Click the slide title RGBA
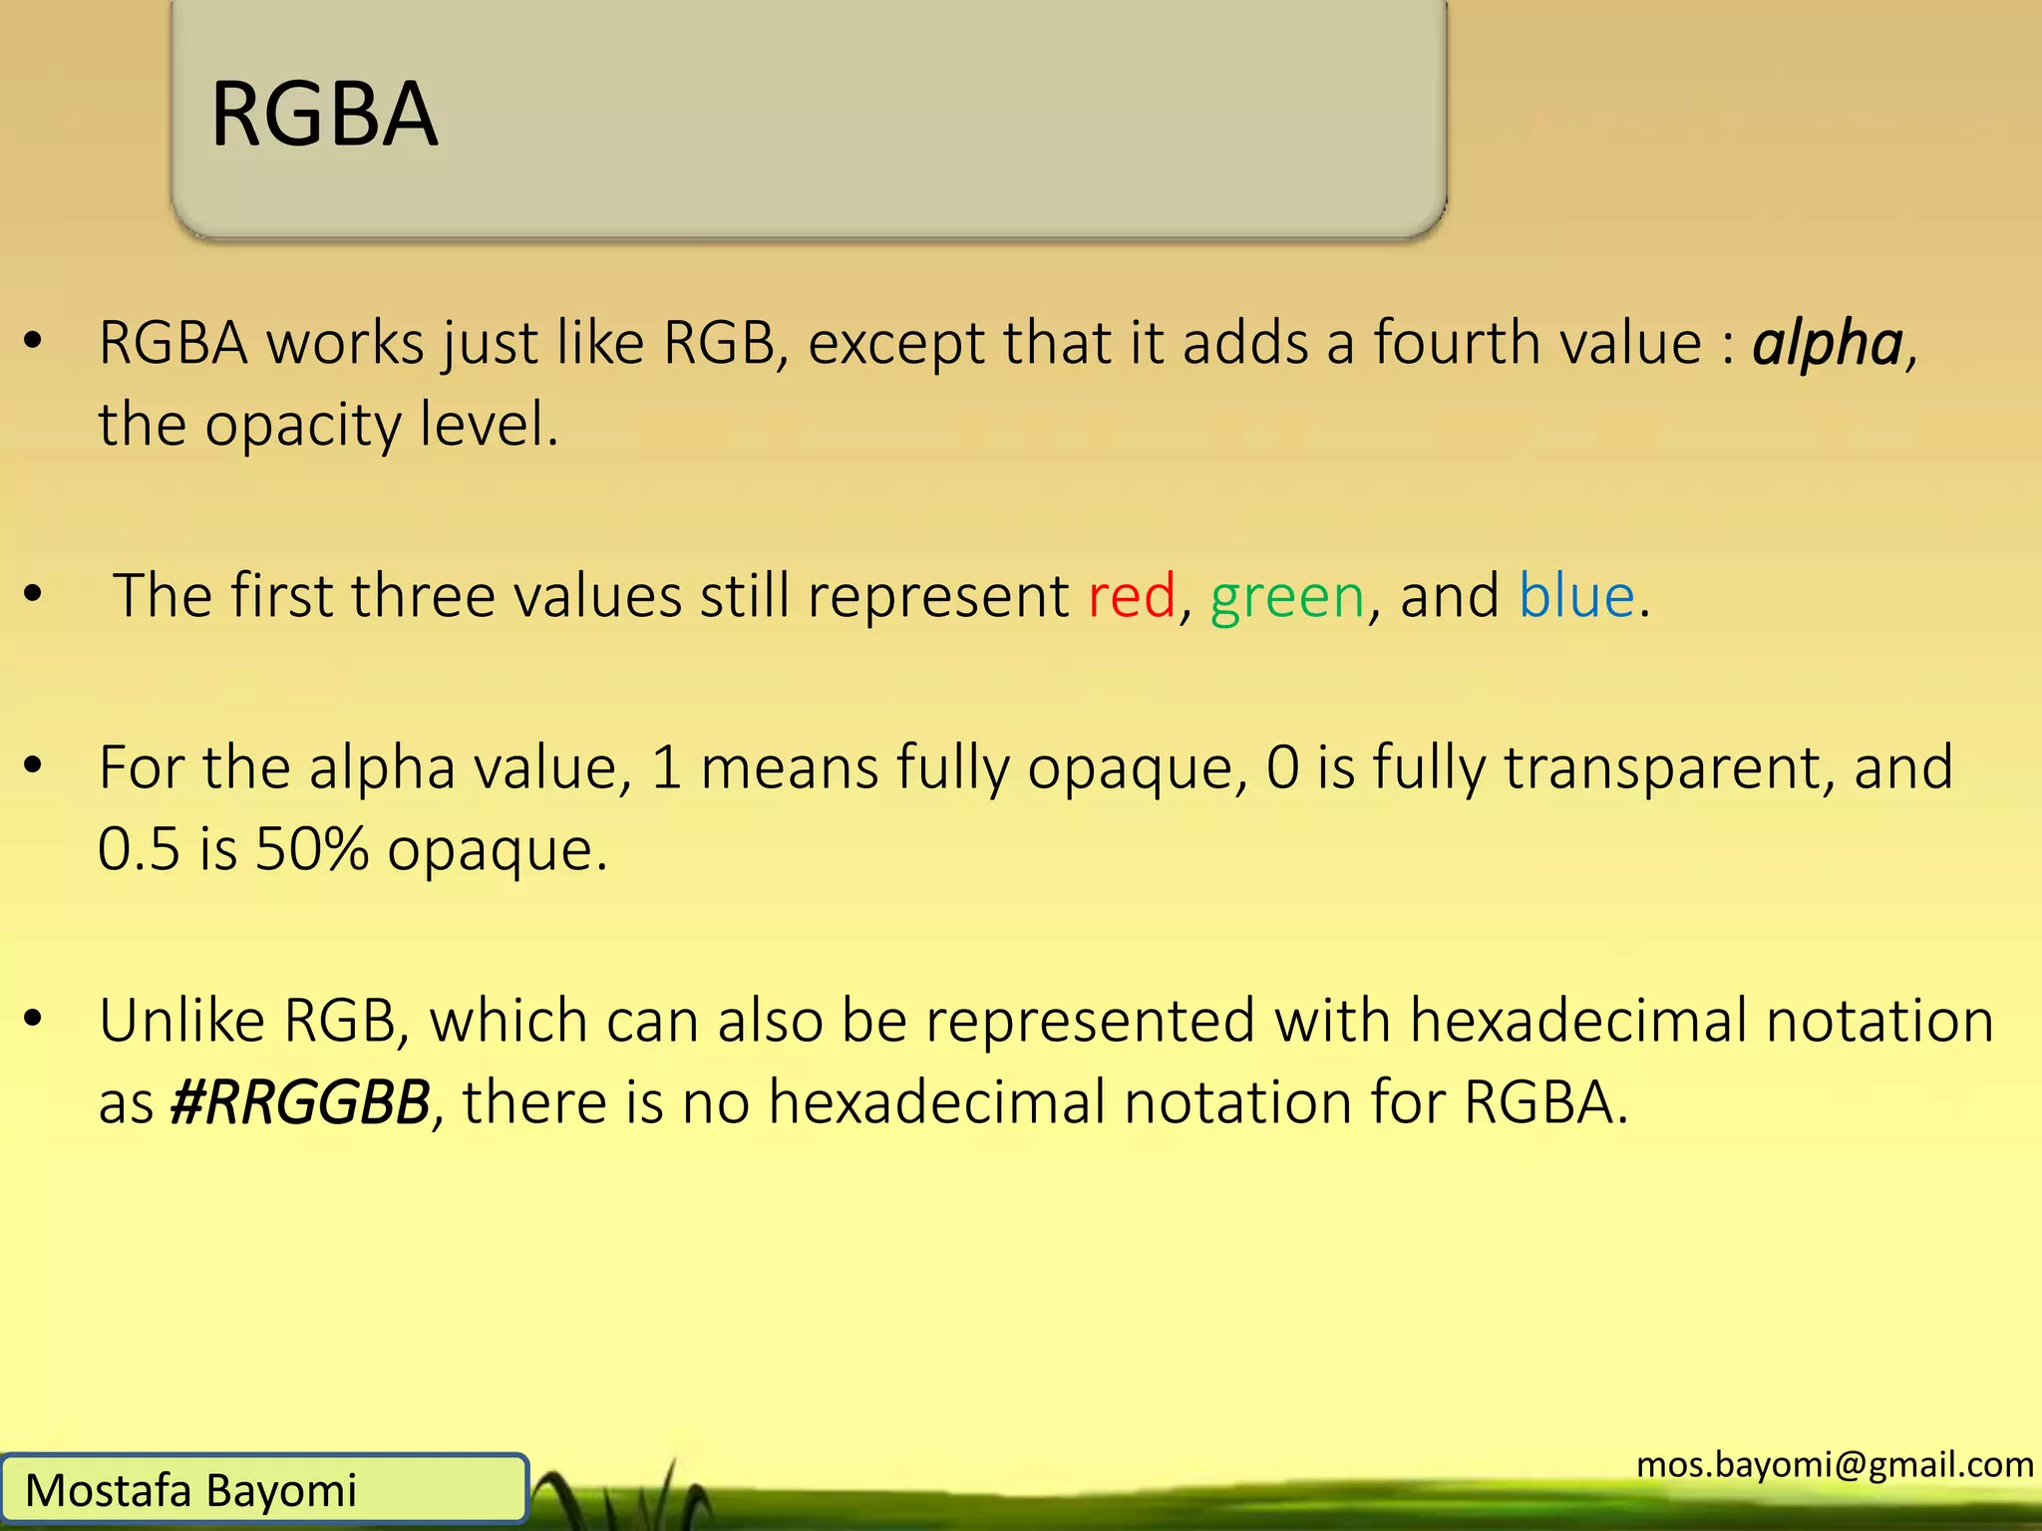tap(324, 115)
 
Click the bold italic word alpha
tap(1828, 345)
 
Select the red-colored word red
tap(1132, 597)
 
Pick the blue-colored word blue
tap(1576, 596)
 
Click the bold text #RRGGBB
tap(300, 1103)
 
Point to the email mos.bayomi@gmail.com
tap(1835, 1464)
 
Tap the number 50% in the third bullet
tap(312, 850)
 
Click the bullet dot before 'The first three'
tap(33, 594)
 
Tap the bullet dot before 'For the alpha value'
tap(33, 765)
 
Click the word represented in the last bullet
tap(1090, 1021)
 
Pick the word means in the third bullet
tap(789, 768)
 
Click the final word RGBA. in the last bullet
tap(1545, 1103)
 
